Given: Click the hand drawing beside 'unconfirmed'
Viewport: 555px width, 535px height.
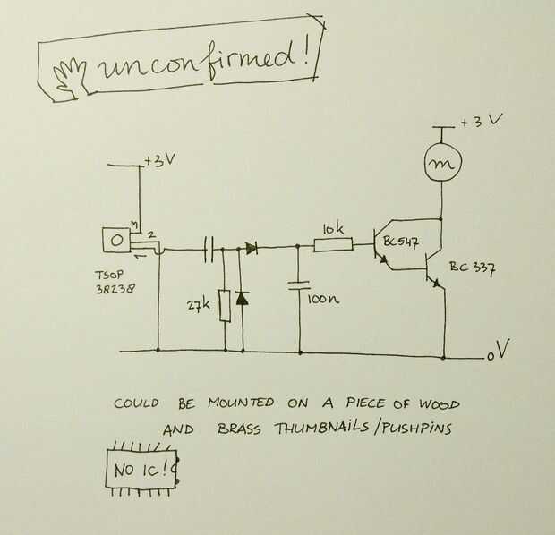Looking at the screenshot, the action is (70, 78).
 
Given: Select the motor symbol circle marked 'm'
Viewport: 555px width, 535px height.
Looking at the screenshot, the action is (443, 164).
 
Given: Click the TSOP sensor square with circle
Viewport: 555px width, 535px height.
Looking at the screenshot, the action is (116, 241).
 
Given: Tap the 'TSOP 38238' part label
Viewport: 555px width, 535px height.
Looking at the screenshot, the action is (115, 282).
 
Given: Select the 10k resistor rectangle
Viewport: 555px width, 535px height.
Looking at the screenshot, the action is (333, 244).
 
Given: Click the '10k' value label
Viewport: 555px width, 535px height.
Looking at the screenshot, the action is (333, 229).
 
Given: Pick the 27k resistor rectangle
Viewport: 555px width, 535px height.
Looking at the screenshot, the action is (225, 306).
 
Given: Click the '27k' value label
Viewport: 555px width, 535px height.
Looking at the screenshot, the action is (198, 305).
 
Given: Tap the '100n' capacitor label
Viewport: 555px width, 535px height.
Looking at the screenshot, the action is (323, 300).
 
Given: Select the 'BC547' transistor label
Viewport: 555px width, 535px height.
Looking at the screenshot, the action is (401, 242).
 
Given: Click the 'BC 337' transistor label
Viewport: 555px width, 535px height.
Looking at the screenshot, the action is (473, 268).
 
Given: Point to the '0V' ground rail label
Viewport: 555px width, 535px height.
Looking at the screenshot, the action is (499, 350).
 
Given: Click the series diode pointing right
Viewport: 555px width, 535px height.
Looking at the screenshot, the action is (252, 248).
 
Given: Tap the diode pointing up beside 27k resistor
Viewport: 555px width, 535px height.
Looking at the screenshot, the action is (242, 298).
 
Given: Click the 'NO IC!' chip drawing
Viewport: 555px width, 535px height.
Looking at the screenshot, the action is (142, 469).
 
